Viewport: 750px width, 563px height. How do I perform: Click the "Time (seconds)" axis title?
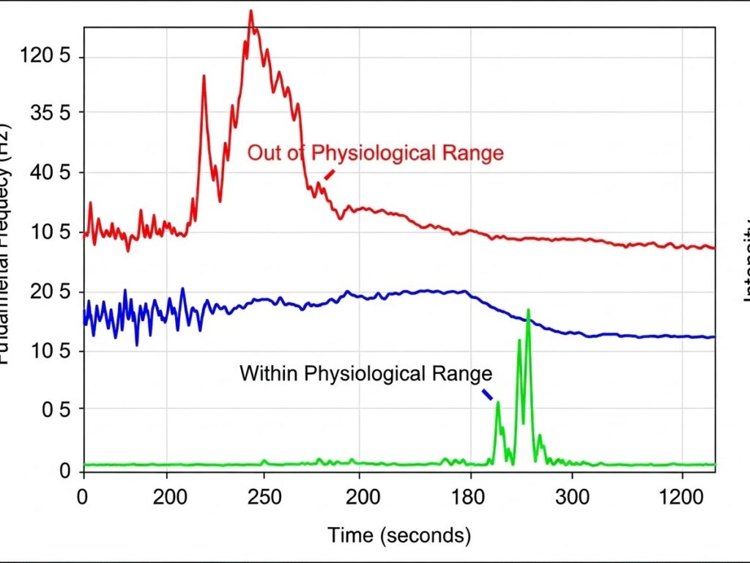(399, 535)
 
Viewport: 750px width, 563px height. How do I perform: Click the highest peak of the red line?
(250, 12)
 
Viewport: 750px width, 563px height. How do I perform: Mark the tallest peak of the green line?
(527, 311)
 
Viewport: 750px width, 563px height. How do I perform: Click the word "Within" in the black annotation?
(268, 374)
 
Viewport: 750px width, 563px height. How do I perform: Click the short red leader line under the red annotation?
(329, 175)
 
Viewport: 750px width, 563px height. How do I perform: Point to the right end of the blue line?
(713, 337)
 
